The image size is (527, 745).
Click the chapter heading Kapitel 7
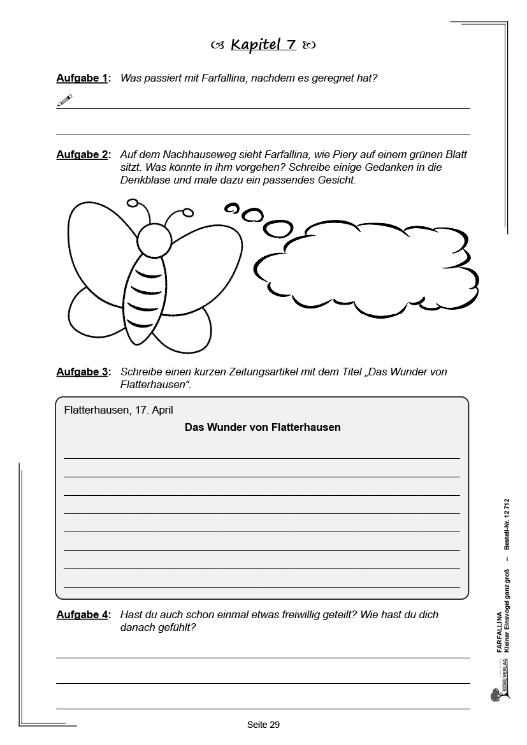click(x=263, y=45)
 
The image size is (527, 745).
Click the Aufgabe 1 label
click(x=82, y=78)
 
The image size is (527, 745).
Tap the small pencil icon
click(x=64, y=100)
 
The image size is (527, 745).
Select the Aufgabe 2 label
click(x=82, y=155)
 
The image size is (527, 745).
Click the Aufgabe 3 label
click(x=82, y=372)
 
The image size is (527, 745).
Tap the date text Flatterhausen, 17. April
click(x=119, y=410)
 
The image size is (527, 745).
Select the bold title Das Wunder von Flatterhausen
click(x=263, y=427)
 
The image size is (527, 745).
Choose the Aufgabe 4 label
click(x=82, y=615)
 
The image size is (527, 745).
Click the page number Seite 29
click(x=263, y=725)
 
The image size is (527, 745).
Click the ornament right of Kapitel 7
click(x=309, y=45)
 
